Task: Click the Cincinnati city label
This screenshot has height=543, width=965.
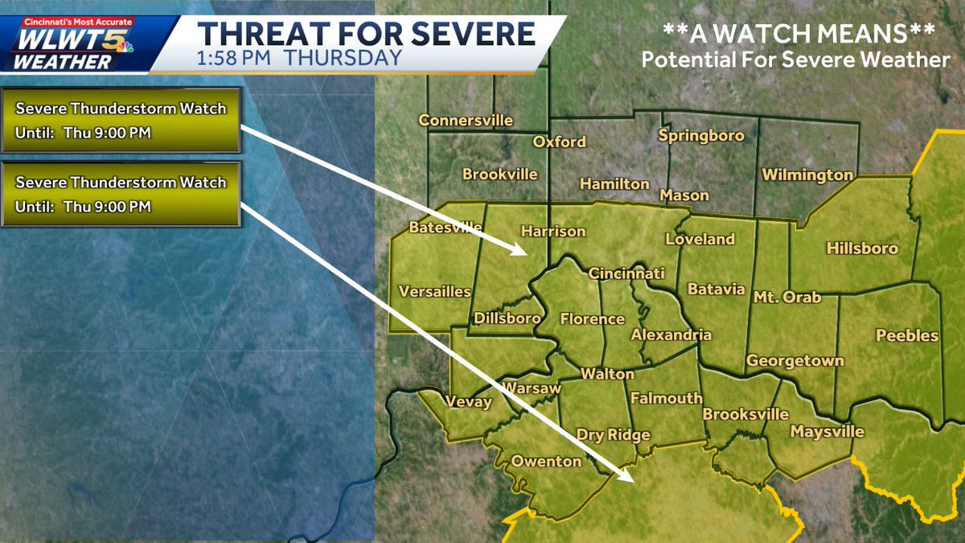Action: [626, 274]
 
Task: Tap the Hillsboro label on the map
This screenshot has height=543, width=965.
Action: [862, 249]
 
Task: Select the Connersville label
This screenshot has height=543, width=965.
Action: [466, 121]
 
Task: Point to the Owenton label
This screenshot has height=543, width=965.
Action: [546, 461]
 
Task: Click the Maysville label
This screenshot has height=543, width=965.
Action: [827, 432]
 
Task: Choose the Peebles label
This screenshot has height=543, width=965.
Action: [907, 335]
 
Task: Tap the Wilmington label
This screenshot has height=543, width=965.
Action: [807, 175]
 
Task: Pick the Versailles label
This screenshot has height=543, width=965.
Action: [434, 291]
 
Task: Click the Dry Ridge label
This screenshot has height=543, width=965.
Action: [613, 435]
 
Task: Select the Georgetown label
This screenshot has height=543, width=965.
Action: [795, 360]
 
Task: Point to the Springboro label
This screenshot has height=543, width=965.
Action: [701, 136]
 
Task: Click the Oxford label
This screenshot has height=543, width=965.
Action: [560, 142]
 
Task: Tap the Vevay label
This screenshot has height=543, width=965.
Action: [468, 401]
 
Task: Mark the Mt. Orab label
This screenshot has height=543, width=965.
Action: [787, 297]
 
